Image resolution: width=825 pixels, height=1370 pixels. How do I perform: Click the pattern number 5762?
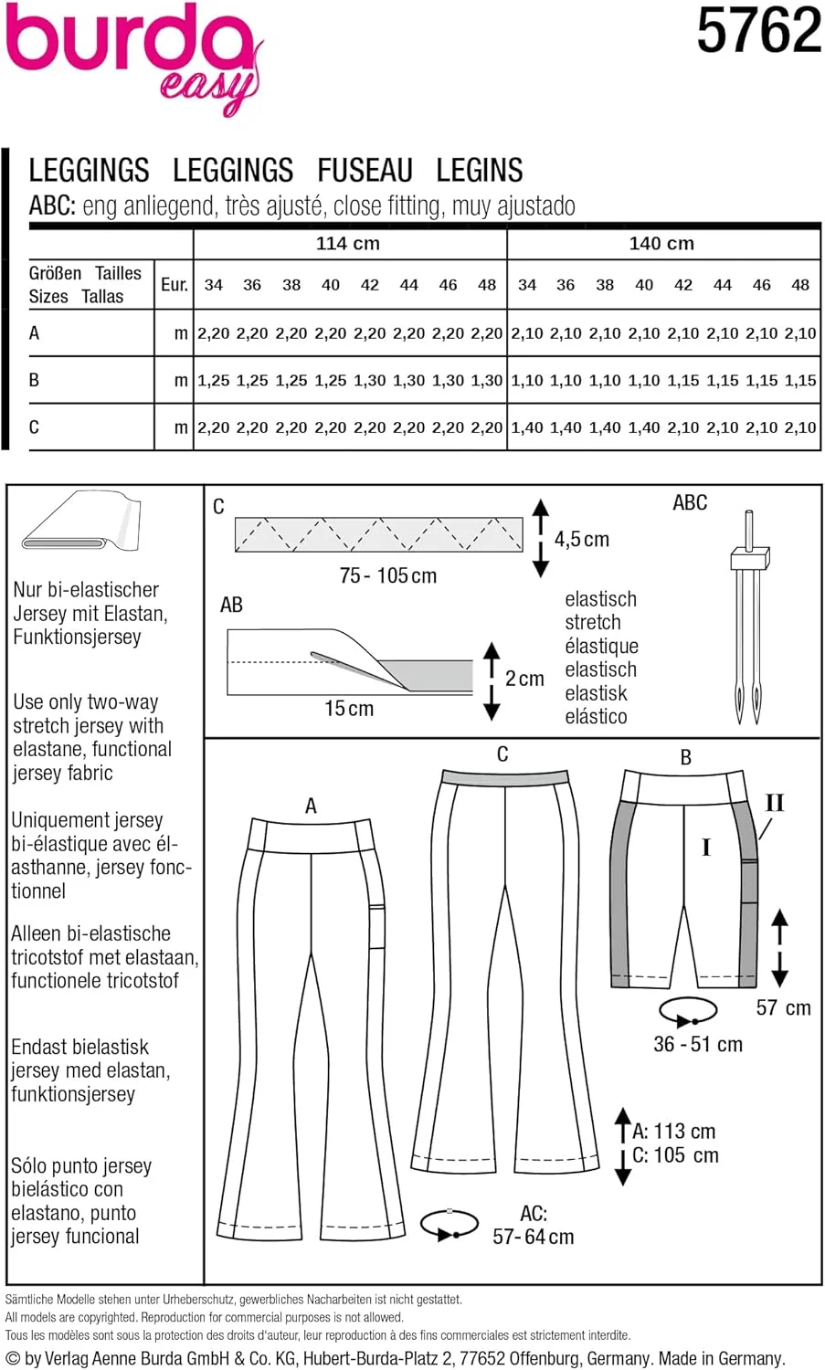pyautogui.click(x=758, y=31)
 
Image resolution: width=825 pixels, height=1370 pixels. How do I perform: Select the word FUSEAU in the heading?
pyautogui.click(x=365, y=171)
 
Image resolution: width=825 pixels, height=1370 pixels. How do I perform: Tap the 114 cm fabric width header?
pyautogui.click(x=348, y=244)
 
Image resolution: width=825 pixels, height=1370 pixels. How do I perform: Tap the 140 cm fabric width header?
pyautogui.click(x=661, y=244)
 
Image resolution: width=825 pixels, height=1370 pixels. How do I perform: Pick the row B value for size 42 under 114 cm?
pyautogui.click(x=370, y=381)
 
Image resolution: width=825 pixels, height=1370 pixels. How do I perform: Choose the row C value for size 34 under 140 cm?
pyautogui.click(x=527, y=427)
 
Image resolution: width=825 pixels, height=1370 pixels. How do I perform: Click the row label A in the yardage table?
pyautogui.click(x=35, y=333)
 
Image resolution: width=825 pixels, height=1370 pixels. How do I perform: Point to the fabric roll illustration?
pyautogui.click(x=82, y=522)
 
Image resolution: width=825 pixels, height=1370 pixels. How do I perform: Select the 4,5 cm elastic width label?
pyautogui.click(x=582, y=540)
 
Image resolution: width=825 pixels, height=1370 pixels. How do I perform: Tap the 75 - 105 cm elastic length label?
pyautogui.click(x=388, y=576)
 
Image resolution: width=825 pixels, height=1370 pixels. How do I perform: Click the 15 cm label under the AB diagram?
pyautogui.click(x=349, y=709)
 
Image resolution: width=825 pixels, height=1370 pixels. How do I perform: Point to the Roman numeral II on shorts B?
pyautogui.click(x=774, y=803)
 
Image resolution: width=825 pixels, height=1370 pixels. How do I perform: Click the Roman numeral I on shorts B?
pyautogui.click(x=705, y=848)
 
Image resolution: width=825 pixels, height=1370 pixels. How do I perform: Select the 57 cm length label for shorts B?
pyautogui.click(x=783, y=1008)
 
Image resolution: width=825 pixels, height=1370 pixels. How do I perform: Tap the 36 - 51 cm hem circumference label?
pyautogui.click(x=698, y=1045)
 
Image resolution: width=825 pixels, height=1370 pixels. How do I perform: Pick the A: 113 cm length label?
pyautogui.click(x=674, y=1132)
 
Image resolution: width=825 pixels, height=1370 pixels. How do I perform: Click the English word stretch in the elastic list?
pyautogui.click(x=593, y=623)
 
